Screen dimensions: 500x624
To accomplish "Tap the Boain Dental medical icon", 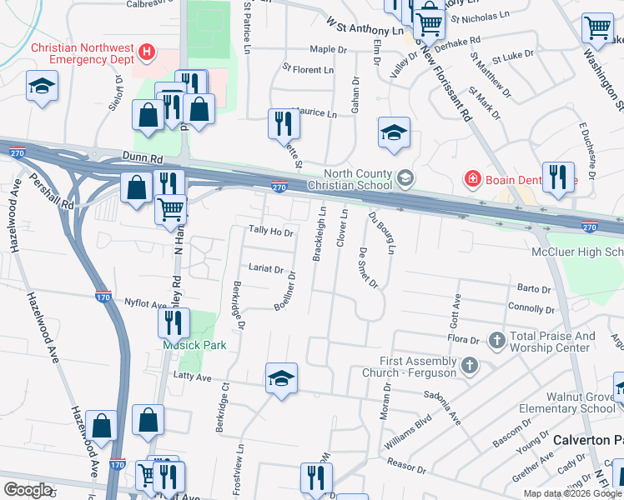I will [x=473, y=179].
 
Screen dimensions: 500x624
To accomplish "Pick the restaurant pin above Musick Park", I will [x=174, y=322].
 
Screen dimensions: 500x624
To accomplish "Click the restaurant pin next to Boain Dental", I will [x=558, y=176].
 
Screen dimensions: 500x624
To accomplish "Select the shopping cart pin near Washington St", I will [x=597, y=27].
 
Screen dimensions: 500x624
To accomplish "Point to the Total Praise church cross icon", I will [x=496, y=339].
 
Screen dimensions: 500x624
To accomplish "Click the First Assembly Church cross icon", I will [x=470, y=364].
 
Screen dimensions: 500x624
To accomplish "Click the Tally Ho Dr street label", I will [x=271, y=232].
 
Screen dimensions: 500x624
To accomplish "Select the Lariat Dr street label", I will [x=266, y=269].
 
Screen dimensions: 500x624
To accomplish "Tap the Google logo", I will [x=28, y=490].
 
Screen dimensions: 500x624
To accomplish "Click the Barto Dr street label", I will [x=534, y=289].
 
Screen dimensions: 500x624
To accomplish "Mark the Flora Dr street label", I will [x=463, y=340].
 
